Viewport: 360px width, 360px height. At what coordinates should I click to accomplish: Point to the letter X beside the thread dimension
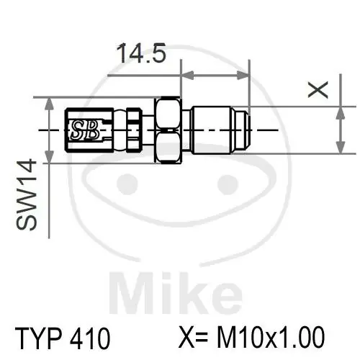(317, 89)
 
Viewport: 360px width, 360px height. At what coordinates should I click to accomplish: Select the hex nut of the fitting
(167, 130)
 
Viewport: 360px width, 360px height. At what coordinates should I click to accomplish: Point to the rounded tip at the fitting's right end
(248, 130)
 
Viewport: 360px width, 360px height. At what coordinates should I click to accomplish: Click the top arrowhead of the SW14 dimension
(49, 103)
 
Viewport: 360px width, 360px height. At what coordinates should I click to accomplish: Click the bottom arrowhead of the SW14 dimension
(49, 158)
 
